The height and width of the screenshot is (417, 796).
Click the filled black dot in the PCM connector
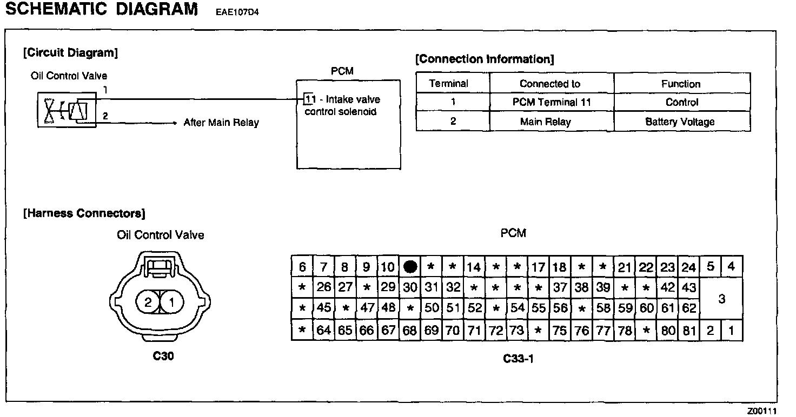(410, 267)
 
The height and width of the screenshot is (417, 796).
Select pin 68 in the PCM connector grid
(410, 330)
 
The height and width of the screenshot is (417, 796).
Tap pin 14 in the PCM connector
(474, 267)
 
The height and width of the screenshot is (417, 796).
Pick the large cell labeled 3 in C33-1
(721, 299)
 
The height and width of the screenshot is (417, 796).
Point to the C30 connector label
(163, 356)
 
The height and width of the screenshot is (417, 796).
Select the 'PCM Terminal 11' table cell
(552, 102)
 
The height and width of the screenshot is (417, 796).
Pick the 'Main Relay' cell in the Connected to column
(545, 122)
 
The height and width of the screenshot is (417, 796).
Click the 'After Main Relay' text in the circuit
(221, 123)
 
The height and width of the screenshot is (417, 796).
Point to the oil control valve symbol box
(67, 110)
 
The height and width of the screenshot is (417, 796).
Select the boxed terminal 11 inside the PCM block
(309, 99)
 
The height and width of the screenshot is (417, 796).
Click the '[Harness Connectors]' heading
(84, 214)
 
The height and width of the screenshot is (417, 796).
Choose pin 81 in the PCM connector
(688, 330)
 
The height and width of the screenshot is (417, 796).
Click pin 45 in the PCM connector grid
(323, 308)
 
